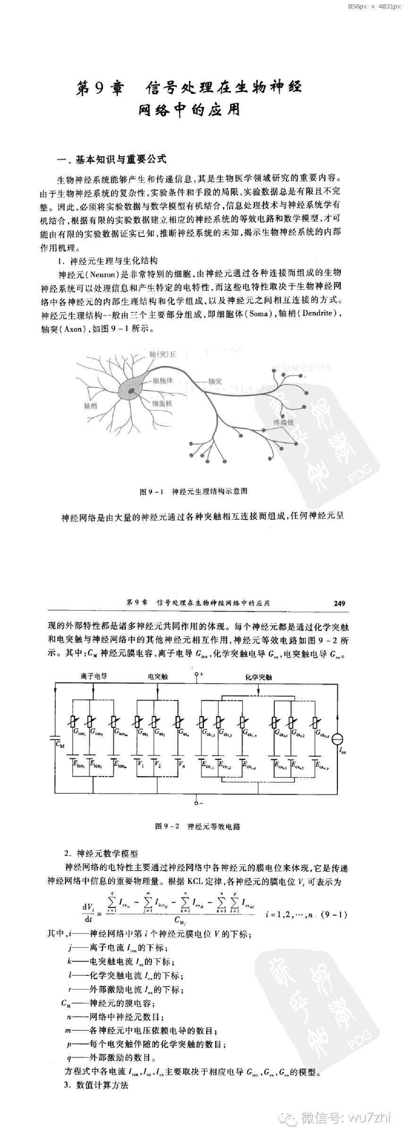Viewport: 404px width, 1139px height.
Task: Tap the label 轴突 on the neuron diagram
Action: click(215, 381)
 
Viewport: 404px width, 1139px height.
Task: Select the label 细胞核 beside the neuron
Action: click(162, 403)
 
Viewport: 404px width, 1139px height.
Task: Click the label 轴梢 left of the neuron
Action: click(91, 405)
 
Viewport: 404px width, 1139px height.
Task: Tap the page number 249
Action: click(339, 603)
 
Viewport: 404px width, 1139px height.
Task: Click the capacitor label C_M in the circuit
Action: click(60, 745)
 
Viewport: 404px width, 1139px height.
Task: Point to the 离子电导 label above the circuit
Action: click(93, 676)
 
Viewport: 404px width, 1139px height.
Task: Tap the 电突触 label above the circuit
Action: click(158, 676)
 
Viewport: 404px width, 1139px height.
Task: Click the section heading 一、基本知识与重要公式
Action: click(111, 159)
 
